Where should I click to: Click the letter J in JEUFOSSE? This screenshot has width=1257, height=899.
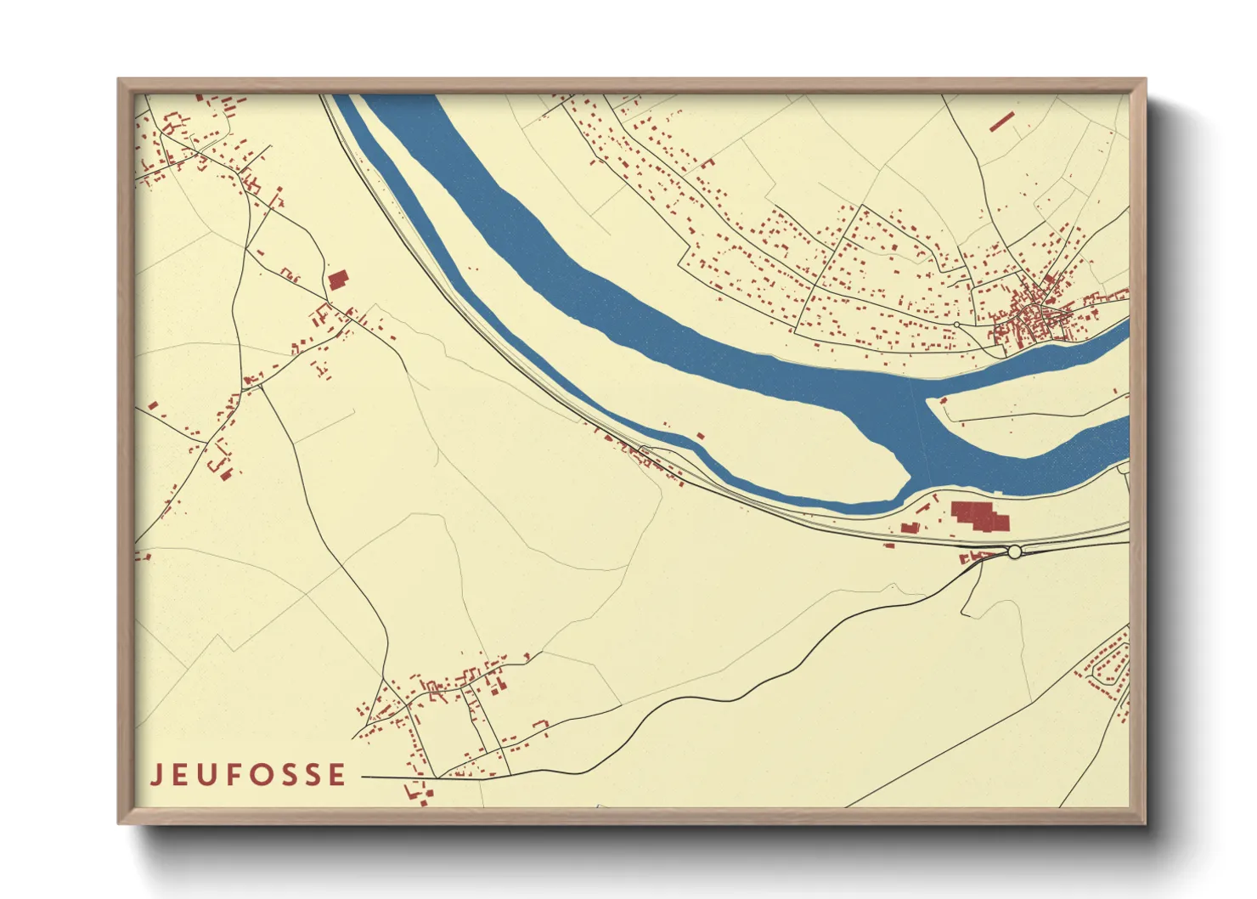click(x=156, y=775)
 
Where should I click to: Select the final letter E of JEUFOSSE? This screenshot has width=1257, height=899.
click(x=338, y=775)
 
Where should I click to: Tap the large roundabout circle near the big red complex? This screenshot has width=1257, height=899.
click(x=1014, y=552)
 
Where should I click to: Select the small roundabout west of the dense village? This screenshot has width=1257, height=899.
click(x=956, y=325)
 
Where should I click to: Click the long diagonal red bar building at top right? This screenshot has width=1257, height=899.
click(x=1001, y=122)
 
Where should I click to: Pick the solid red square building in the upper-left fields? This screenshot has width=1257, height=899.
click(x=338, y=280)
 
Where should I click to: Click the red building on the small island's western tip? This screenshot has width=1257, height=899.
click(x=942, y=399)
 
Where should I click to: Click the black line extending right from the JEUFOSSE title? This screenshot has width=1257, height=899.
click(x=399, y=777)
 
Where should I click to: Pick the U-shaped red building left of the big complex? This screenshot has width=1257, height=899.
click(x=910, y=528)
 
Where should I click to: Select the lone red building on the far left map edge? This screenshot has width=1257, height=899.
click(x=152, y=405)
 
